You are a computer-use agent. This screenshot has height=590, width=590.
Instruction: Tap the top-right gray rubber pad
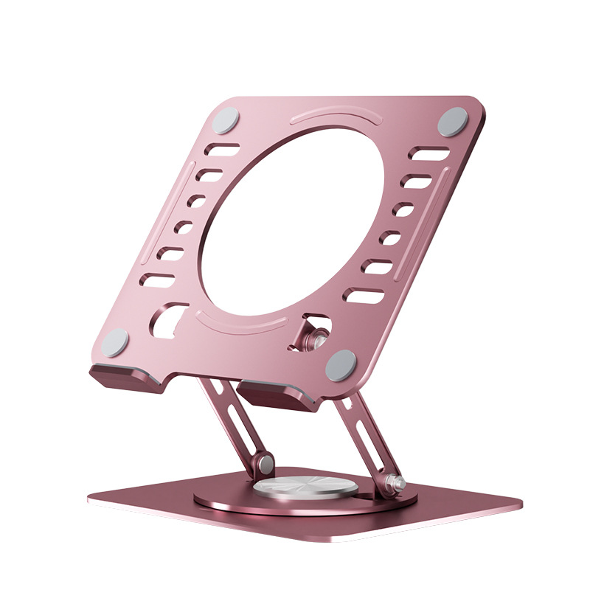(453, 122)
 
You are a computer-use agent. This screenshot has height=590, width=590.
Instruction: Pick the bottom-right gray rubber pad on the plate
(341, 364)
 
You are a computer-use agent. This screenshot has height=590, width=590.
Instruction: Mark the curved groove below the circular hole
(243, 323)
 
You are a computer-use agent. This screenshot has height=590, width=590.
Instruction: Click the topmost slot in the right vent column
(429, 155)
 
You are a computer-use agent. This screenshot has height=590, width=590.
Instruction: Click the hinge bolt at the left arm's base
(264, 464)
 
